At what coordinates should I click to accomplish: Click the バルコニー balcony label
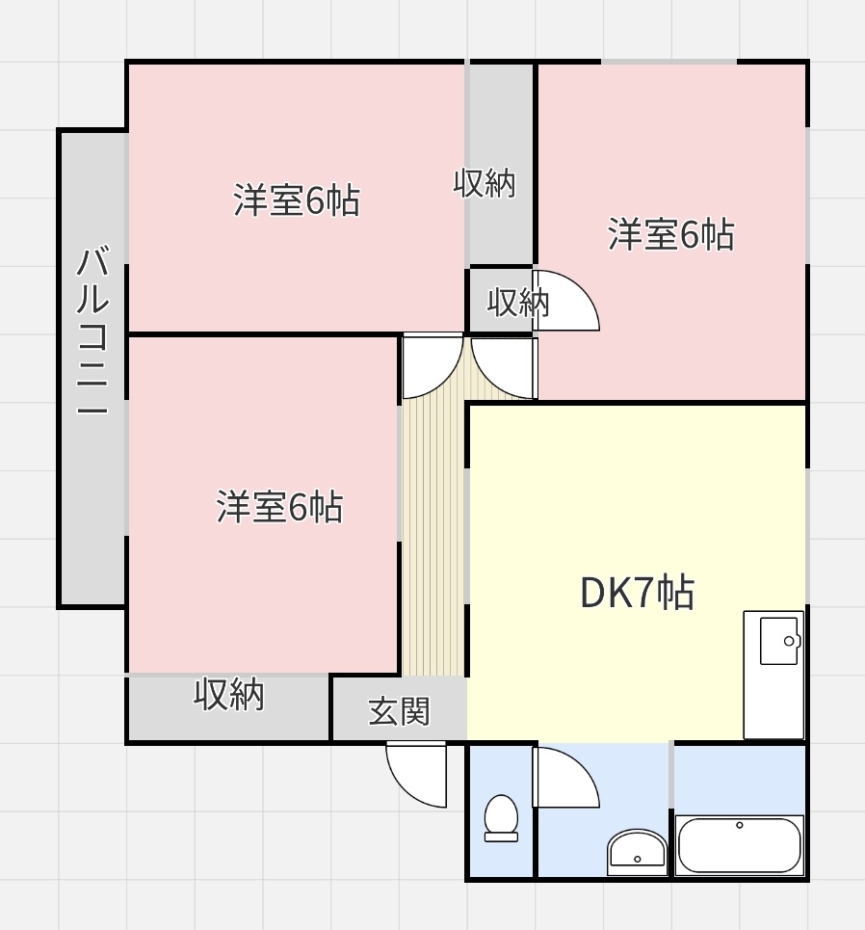[x=92, y=332]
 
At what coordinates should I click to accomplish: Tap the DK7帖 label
[x=637, y=592]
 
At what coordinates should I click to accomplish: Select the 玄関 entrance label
[x=399, y=712]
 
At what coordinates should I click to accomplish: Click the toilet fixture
[x=501, y=818]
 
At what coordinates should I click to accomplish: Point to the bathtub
[x=740, y=845]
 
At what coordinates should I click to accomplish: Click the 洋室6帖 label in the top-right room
[x=670, y=234]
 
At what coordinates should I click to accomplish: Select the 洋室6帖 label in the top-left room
[x=297, y=199]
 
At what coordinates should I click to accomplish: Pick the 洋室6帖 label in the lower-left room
[x=279, y=507]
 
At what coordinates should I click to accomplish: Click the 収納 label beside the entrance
[x=229, y=694]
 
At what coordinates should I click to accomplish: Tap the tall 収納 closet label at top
[x=485, y=183]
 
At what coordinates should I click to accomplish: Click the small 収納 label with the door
[x=518, y=303]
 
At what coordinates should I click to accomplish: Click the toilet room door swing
[x=565, y=777]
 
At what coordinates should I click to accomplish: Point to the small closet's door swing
[x=565, y=300]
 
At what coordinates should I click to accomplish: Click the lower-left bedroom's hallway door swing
[x=432, y=366]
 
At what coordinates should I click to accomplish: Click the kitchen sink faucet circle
[x=789, y=641]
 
